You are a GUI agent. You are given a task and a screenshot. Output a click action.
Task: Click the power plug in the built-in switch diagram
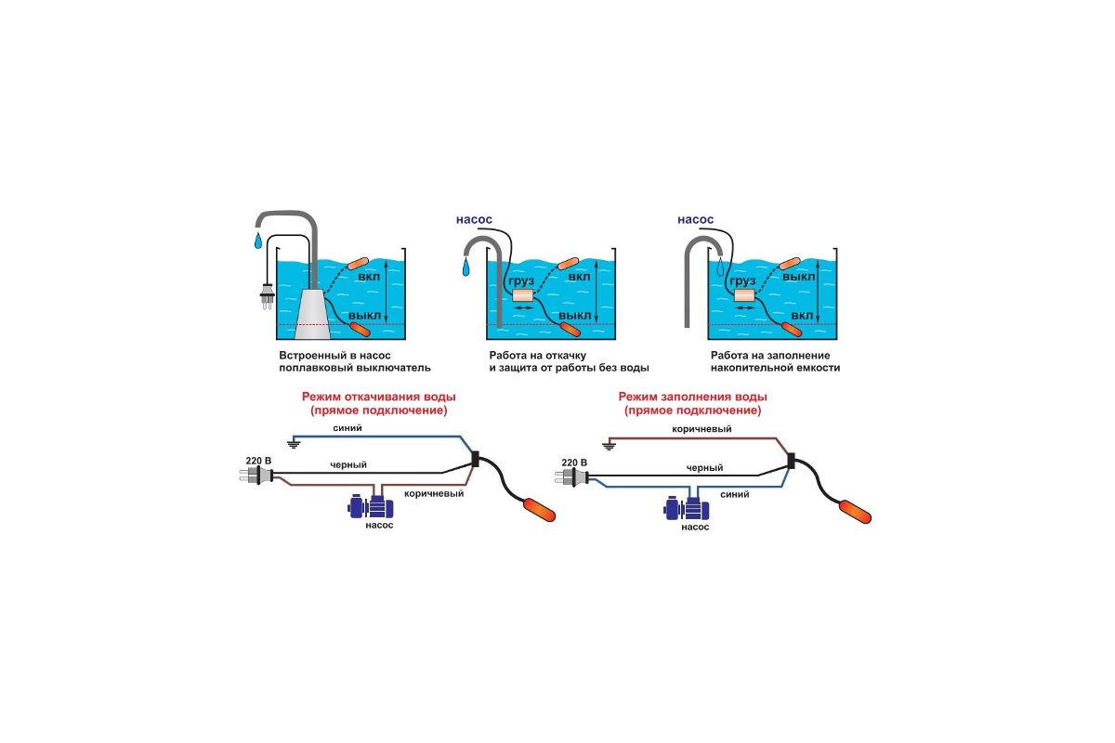(x=265, y=294)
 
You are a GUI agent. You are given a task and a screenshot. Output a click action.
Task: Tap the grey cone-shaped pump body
(x=310, y=310)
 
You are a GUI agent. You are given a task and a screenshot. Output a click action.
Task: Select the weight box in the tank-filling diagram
(x=744, y=296)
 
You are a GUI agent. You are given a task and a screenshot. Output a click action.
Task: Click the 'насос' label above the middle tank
(x=474, y=219)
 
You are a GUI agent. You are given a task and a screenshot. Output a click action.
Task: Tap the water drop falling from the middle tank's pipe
(x=466, y=268)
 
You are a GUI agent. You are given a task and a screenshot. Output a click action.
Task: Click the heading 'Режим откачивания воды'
(x=385, y=397)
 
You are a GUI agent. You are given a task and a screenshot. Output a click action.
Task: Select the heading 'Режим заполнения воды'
(x=700, y=397)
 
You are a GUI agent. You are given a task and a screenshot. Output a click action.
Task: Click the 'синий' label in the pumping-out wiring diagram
(x=350, y=428)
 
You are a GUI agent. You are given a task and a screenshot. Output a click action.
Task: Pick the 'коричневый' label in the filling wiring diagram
(x=702, y=429)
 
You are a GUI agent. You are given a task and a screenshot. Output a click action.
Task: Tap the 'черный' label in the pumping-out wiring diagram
(x=348, y=463)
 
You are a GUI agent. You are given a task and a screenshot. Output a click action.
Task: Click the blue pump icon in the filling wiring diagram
(x=688, y=509)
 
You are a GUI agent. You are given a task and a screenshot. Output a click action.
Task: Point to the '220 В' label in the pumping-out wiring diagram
(x=258, y=461)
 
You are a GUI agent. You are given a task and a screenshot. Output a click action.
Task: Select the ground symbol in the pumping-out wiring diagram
(x=295, y=443)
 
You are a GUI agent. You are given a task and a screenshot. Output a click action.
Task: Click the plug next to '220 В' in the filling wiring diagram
(x=573, y=477)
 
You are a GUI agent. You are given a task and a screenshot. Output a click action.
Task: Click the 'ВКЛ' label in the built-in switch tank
(x=368, y=278)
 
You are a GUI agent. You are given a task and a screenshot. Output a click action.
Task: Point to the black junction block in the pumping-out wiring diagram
(x=476, y=459)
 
